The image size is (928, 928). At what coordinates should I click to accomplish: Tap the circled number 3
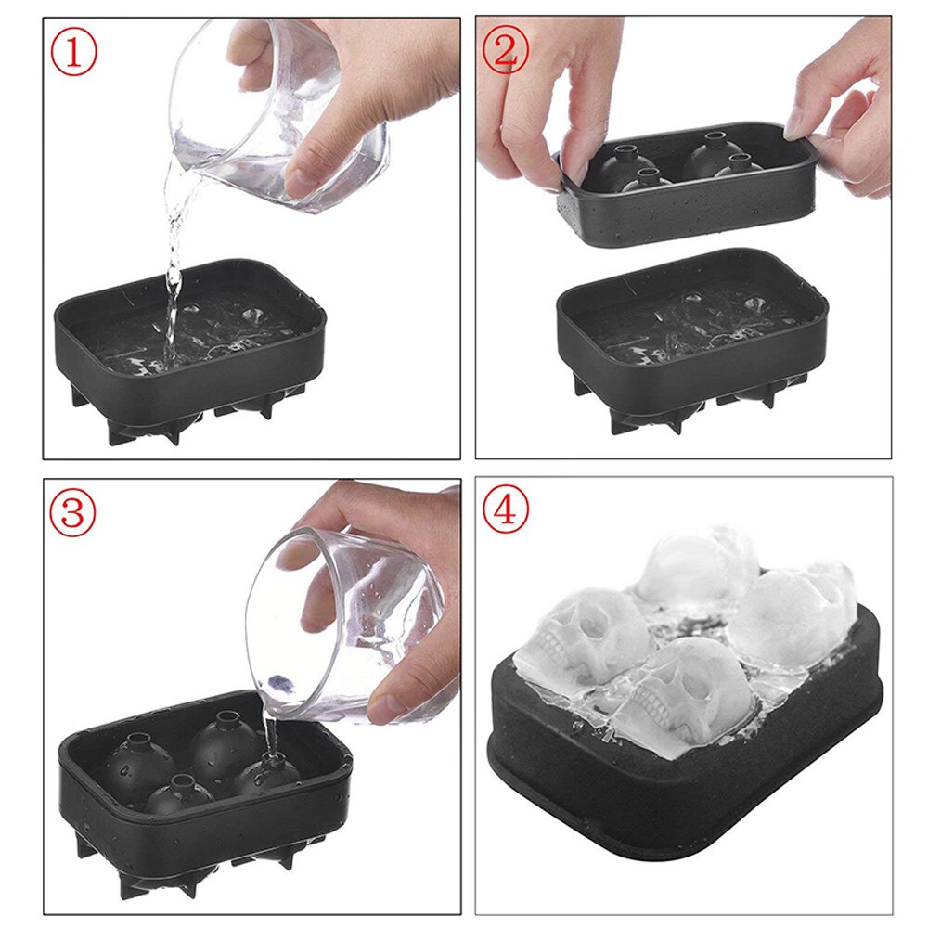[x=73, y=513]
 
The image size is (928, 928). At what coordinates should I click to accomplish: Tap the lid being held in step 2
[x=687, y=204]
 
